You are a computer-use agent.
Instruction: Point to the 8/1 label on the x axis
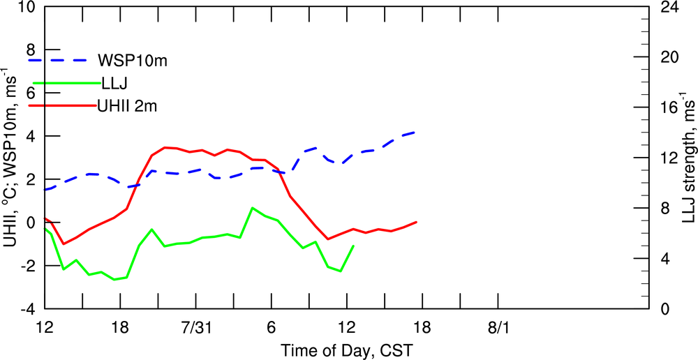(498, 326)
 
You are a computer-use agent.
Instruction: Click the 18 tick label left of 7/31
(121, 326)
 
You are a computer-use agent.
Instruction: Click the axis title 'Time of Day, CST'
(347, 347)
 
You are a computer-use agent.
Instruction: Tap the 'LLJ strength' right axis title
(688, 158)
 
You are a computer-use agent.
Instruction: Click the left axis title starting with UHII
(10, 158)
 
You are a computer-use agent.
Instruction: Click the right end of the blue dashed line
(416, 132)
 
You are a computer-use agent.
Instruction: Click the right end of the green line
(353, 246)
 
